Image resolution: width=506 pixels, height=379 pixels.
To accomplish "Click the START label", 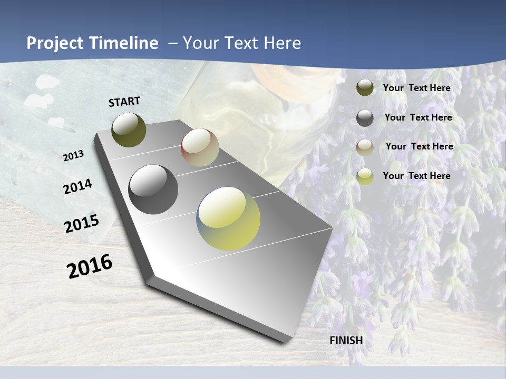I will pyautogui.click(x=124, y=102).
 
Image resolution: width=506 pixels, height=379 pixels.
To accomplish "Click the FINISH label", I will pyautogui.click(x=346, y=341).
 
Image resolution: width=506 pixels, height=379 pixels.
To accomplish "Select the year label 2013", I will pyautogui.click(x=74, y=156).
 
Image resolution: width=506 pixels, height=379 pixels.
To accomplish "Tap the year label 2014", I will pyautogui.click(x=78, y=187).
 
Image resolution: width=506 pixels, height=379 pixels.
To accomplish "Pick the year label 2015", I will pyautogui.click(x=82, y=224).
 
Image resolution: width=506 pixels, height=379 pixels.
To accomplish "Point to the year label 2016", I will pyautogui.click(x=90, y=266).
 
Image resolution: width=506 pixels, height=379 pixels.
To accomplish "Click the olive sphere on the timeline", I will pyautogui.click(x=129, y=129).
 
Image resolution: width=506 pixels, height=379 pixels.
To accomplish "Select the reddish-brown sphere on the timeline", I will pyautogui.click(x=200, y=147).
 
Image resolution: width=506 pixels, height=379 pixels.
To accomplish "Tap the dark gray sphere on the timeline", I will pyautogui.click(x=153, y=189).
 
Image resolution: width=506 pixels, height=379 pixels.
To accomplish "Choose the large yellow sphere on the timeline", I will pyautogui.click(x=228, y=218).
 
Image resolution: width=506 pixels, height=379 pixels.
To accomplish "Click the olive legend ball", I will pyautogui.click(x=365, y=87).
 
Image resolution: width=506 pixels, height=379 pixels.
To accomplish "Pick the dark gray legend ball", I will pyautogui.click(x=365, y=118).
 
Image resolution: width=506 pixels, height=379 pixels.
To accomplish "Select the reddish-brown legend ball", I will pyautogui.click(x=365, y=147).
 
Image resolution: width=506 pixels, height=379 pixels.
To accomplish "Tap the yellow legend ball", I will pyautogui.click(x=365, y=176).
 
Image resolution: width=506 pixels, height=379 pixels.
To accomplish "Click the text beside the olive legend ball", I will pyautogui.click(x=416, y=88).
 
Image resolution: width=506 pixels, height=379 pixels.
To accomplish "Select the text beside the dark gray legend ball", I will pyautogui.click(x=418, y=117).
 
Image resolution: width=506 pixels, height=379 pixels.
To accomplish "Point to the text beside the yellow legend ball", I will pyautogui.click(x=416, y=176).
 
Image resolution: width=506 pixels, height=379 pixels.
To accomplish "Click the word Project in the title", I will pyautogui.click(x=53, y=43).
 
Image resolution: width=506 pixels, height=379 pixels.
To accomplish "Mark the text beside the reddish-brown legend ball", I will pyautogui.click(x=419, y=146).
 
